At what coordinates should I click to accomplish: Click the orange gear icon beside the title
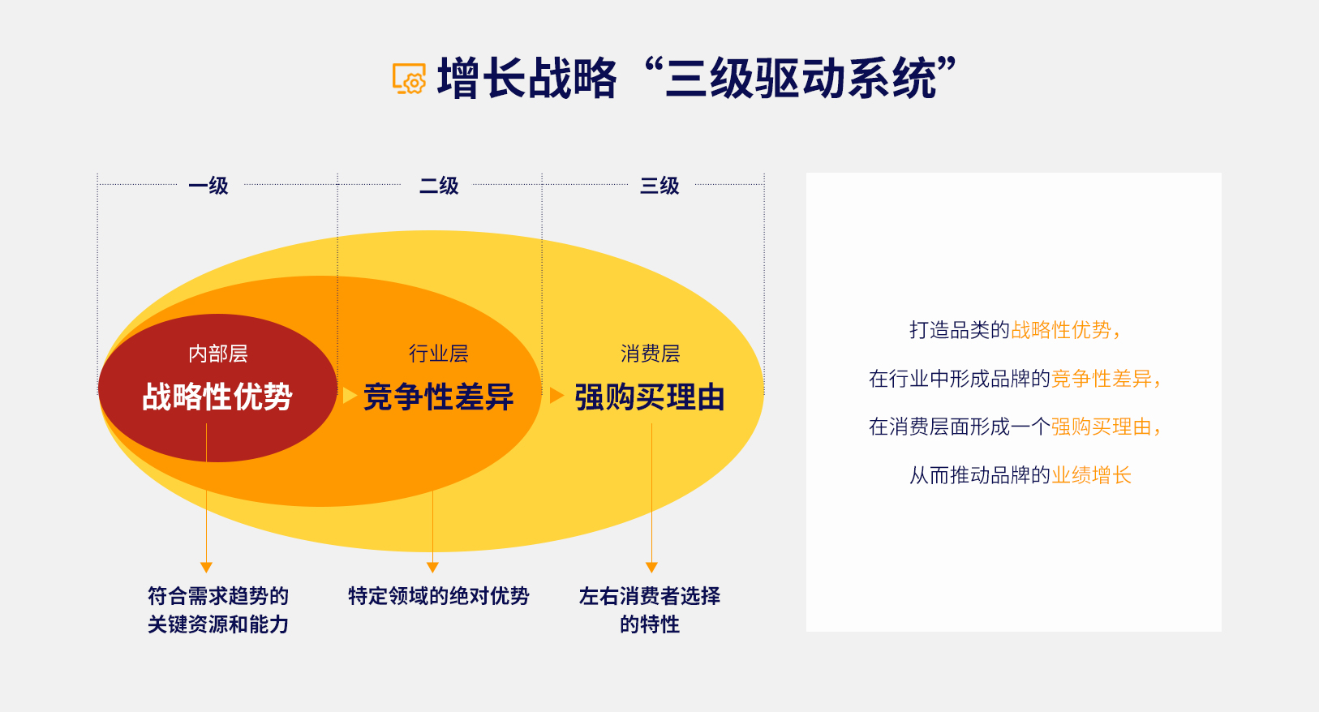click(409, 79)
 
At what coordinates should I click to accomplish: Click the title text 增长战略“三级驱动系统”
click(697, 79)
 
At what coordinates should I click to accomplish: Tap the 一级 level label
click(208, 186)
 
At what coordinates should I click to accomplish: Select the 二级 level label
click(439, 186)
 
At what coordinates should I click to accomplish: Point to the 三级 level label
click(659, 186)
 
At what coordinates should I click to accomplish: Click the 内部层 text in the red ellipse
click(218, 354)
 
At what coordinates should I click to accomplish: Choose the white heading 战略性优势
click(217, 396)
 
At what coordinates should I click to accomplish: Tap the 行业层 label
click(439, 354)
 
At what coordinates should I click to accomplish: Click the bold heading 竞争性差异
click(439, 396)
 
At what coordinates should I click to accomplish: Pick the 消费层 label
click(650, 354)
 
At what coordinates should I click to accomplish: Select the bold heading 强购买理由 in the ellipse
click(650, 397)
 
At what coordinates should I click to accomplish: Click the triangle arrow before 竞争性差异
click(350, 396)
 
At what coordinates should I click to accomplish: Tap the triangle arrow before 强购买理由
click(557, 396)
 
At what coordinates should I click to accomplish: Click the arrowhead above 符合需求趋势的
click(206, 567)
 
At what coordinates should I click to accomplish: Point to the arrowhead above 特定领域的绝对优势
click(433, 567)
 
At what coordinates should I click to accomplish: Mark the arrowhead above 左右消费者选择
click(651, 567)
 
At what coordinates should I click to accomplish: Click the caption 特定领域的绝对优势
click(439, 596)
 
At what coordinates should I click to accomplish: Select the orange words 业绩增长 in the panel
click(1091, 475)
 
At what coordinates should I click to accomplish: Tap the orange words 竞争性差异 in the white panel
click(1101, 379)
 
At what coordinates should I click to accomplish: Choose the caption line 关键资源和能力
click(218, 624)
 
